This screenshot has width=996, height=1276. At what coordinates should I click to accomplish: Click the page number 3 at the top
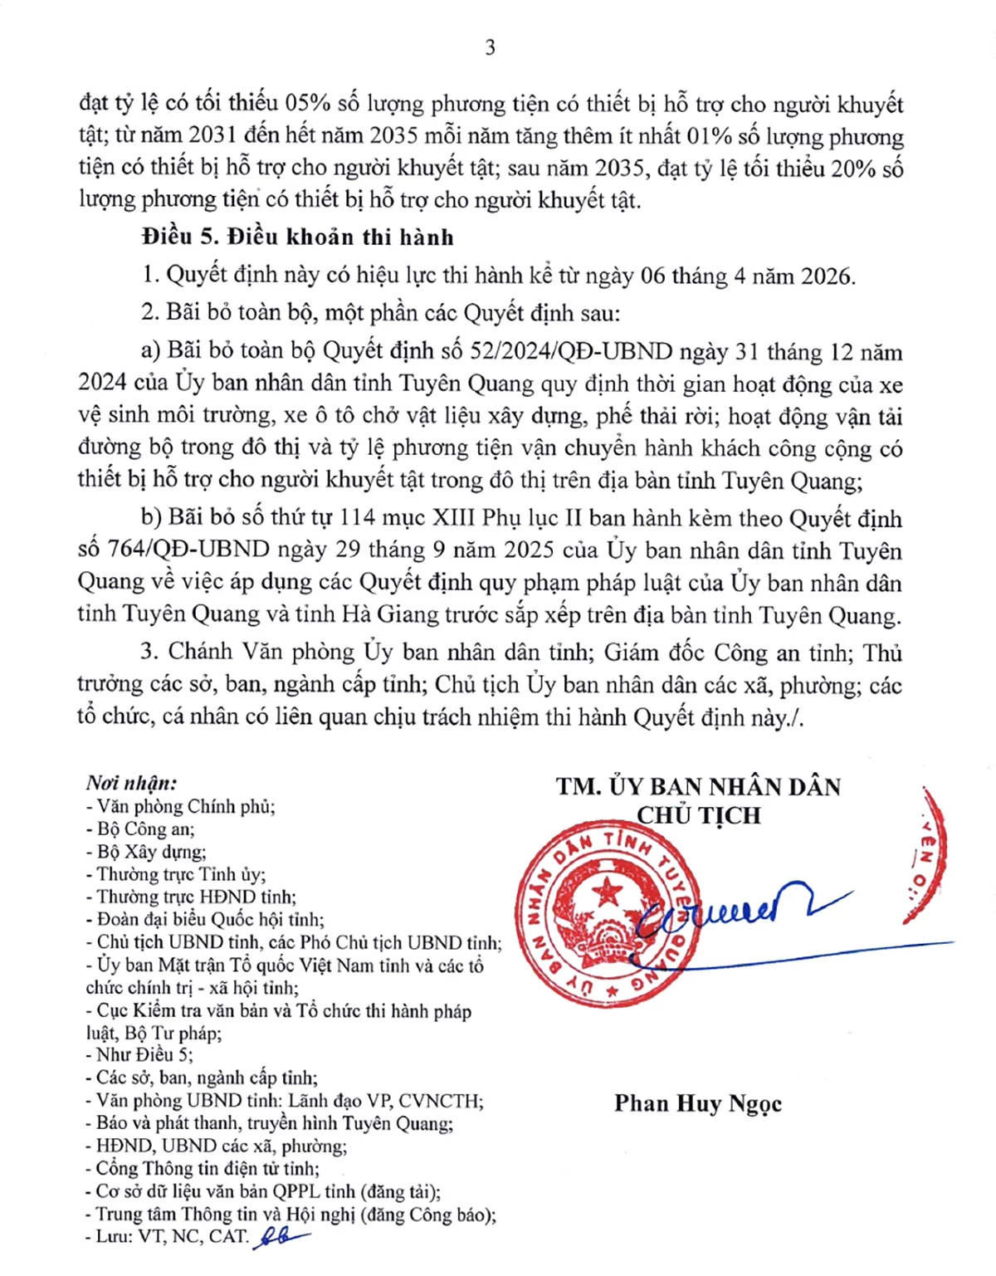[x=491, y=47]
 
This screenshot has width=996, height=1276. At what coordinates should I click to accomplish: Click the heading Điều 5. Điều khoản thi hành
[x=298, y=237]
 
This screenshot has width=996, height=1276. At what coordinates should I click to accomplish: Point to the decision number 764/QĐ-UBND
[x=188, y=550]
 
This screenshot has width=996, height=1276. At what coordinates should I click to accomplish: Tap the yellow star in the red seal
[x=609, y=892]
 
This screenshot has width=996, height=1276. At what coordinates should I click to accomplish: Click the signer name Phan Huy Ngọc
[x=697, y=1103]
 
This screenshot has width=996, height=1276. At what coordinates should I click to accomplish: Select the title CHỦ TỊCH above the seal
[x=699, y=815]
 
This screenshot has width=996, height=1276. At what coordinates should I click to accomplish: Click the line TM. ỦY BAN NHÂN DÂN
[x=699, y=786]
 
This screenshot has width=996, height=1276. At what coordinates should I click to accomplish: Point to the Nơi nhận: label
[x=131, y=783]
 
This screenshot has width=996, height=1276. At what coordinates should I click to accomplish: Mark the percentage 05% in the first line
[x=308, y=104]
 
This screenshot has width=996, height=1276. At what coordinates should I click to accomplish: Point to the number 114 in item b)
[x=359, y=519]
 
